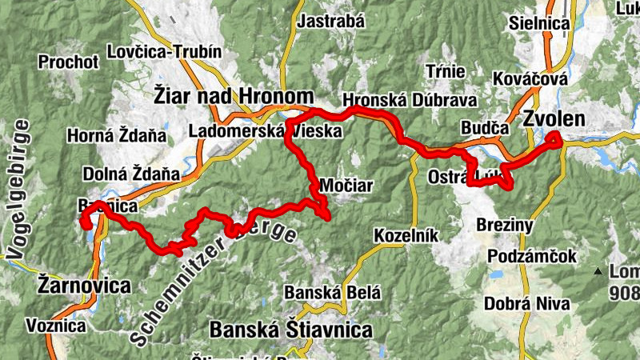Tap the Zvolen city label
554,120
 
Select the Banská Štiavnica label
290,330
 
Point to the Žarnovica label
84,286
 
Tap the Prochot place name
68,62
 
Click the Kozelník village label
406,235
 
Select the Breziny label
504,226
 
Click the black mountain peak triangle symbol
598,272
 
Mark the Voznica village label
55,326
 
